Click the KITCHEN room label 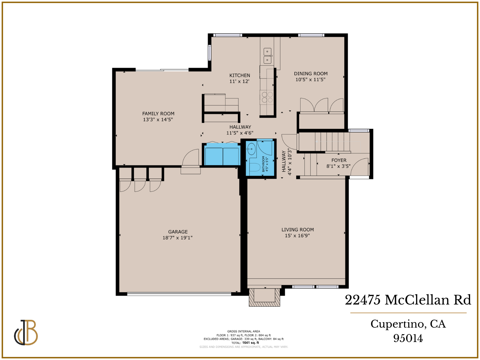click(x=239, y=75)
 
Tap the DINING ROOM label click(x=310, y=73)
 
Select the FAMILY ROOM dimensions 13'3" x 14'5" click(x=158, y=119)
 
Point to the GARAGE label click(x=178, y=232)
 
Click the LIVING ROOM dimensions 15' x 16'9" click(x=297, y=235)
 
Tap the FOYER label click(x=339, y=160)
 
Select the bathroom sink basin click(x=251, y=148)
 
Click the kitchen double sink click(x=267, y=56)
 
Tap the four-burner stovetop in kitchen click(x=267, y=97)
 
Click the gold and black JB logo click(x=26, y=332)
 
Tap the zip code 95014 click(x=408, y=338)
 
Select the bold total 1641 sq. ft click(x=250, y=343)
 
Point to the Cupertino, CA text click(x=408, y=324)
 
